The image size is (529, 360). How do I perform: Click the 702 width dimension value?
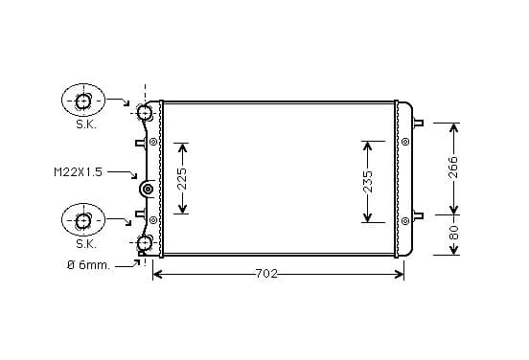[x=266, y=274]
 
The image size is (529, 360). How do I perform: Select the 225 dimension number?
[x=182, y=178]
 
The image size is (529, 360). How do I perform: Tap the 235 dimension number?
[x=368, y=181]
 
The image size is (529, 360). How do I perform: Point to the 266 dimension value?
[x=454, y=167]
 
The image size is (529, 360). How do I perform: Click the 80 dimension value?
[x=454, y=233]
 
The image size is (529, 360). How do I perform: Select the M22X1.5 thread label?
[x=78, y=172]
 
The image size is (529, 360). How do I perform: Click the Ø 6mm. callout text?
[x=88, y=265]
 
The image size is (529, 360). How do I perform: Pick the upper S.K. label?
[x=86, y=124]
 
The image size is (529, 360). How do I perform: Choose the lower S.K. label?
[x=86, y=244]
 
